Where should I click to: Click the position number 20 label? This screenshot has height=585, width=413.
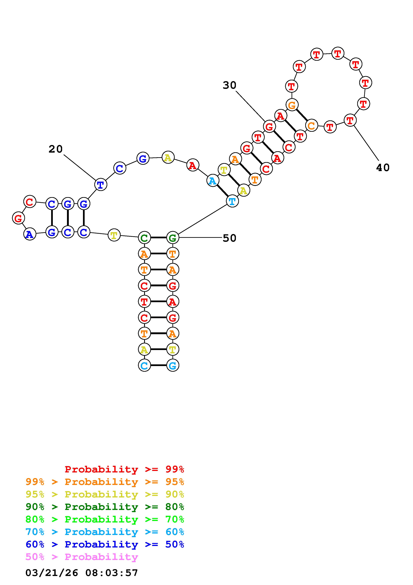tap(55, 149)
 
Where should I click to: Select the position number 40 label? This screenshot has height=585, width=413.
tap(383, 167)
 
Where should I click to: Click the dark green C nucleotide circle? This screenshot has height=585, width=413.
tap(144, 238)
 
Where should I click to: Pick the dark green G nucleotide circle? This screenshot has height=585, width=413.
tap(173, 238)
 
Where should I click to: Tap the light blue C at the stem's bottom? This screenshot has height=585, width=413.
tap(144, 366)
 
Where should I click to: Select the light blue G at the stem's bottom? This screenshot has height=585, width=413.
tap(173, 366)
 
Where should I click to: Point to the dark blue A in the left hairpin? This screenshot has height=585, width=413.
tap(30, 234)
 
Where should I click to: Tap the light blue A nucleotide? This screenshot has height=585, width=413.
tap(212, 181)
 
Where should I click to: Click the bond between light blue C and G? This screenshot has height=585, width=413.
tap(158, 366)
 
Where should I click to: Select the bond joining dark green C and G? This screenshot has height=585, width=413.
tap(158, 238)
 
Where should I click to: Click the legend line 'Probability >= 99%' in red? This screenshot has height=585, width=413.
tap(124, 469)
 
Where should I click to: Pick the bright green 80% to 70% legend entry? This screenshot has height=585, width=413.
tap(105, 519)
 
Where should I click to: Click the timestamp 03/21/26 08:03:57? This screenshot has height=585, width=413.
tap(82, 573)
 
